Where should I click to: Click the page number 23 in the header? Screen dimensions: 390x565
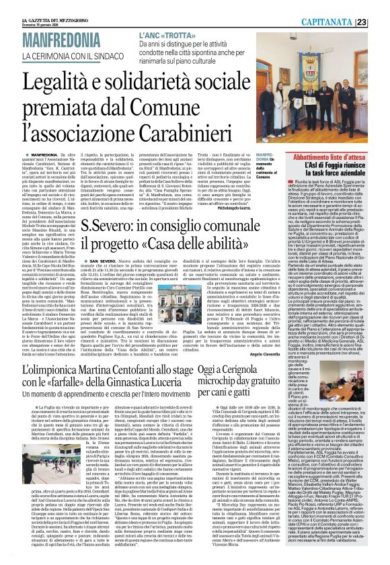coord(381,22)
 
